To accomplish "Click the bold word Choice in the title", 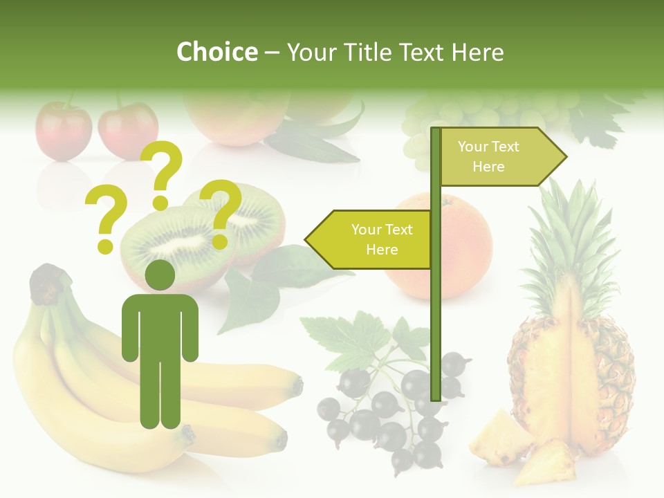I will tap(216, 52).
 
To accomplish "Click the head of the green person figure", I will tap(160, 275).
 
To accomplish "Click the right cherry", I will tap(128, 129).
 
